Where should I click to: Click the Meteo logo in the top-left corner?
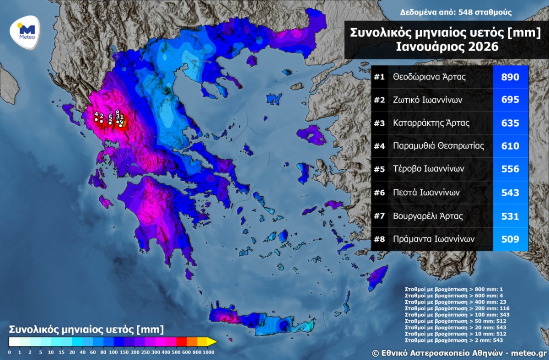click(x=26, y=31)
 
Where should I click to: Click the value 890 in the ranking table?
click(x=510, y=77)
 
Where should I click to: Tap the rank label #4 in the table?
click(x=379, y=146)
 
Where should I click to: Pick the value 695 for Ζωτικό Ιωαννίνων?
click(x=510, y=100)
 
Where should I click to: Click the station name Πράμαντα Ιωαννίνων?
click(x=433, y=239)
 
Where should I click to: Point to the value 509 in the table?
click(x=510, y=239)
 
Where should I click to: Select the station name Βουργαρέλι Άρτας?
click(x=428, y=216)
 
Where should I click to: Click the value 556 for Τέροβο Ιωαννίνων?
click(x=510, y=169)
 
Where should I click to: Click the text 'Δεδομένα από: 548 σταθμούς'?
click(x=456, y=12)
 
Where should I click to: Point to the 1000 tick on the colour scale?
click(x=209, y=352)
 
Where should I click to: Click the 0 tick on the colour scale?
click(x=10, y=352)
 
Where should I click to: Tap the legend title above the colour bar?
click(x=86, y=329)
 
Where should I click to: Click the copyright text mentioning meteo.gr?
click(x=459, y=353)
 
